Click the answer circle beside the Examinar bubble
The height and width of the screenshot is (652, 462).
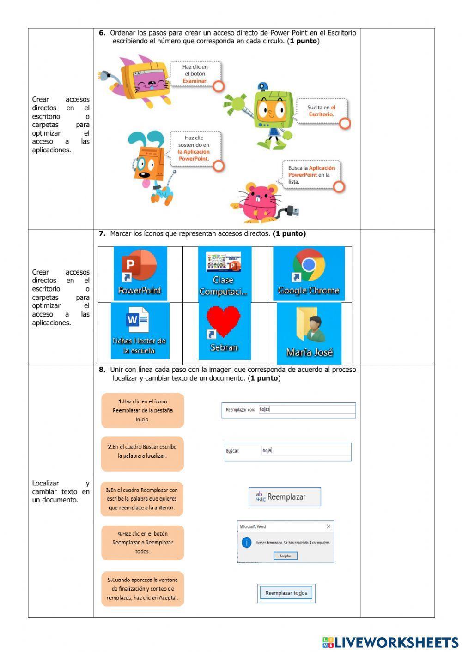pyautogui.click(x=219, y=86)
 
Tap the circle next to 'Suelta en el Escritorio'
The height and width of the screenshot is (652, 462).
pyautogui.click(x=345, y=123)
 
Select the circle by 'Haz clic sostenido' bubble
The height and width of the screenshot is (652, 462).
pyautogui.click(x=219, y=166)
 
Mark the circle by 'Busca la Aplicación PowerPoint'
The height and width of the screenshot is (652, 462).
pyautogui.click(x=339, y=186)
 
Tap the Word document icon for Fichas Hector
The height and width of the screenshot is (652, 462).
pyautogui.click(x=140, y=330)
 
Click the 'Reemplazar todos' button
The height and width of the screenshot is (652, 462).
pyautogui.click(x=286, y=593)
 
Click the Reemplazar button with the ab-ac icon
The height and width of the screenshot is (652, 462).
pyautogui.click(x=285, y=497)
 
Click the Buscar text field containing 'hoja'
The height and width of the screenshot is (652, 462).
pyautogui.click(x=305, y=451)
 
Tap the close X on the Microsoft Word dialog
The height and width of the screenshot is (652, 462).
pyautogui.click(x=328, y=526)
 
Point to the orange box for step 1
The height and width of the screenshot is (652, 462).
pyautogui.click(x=142, y=410)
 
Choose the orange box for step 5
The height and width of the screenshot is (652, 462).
pyautogui.click(x=142, y=589)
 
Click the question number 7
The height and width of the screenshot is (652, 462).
pyautogui.click(x=102, y=233)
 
